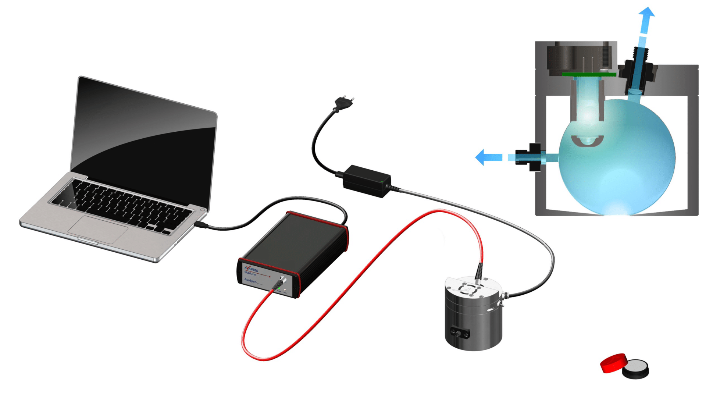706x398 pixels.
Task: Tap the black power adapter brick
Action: [x=367, y=181]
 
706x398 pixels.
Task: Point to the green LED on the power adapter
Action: [x=382, y=181]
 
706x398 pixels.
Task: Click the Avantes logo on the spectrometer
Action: [x=252, y=269]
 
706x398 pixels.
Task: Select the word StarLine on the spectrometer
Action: [x=250, y=274]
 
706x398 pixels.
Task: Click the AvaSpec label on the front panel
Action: [x=251, y=280]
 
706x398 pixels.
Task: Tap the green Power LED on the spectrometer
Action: [x=279, y=289]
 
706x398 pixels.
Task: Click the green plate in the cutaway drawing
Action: [x=589, y=75]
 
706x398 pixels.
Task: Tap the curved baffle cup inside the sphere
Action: [x=588, y=141]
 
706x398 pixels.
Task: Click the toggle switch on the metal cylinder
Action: [x=500, y=304]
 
